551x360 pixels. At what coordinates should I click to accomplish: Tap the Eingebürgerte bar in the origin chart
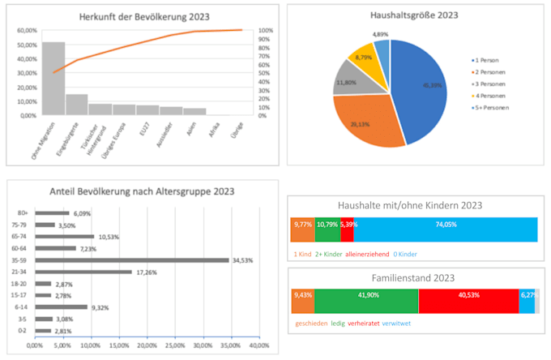click(x=77, y=105)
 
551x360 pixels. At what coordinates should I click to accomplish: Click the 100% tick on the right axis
click(x=264, y=31)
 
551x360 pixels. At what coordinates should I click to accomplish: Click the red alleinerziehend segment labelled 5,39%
click(x=347, y=230)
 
